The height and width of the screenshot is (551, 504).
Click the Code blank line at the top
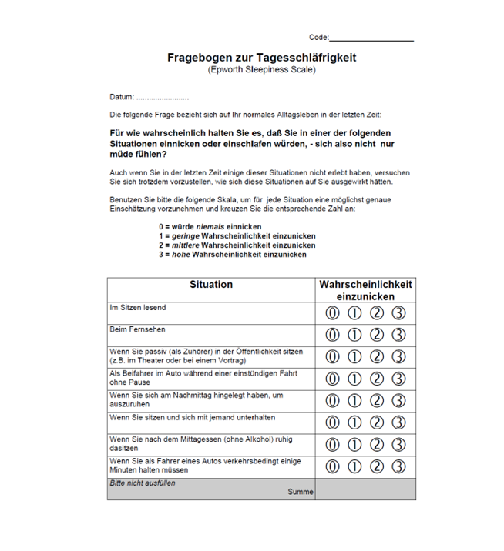pyautogui.click(x=371, y=38)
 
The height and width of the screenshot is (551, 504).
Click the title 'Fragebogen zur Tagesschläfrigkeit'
pyautogui.click(x=262, y=58)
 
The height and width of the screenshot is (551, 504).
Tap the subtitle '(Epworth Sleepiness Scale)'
pyautogui.click(x=261, y=70)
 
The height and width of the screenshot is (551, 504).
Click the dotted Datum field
pyautogui.click(x=162, y=98)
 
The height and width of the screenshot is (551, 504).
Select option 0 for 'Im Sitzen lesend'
pyautogui.click(x=332, y=313)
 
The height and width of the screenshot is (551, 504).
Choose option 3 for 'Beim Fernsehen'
pyautogui.click(x=398, y=335)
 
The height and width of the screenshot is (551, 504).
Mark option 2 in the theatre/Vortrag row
pyautogui.click(x=377, y=357)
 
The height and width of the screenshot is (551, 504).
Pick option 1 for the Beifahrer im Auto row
pyautogui.click(x=354, y=379)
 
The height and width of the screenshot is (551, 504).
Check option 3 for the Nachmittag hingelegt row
pyautogui.click(x=398, y=400)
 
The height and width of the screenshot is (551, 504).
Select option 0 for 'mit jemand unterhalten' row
pyautogui.click(x=332, y=422)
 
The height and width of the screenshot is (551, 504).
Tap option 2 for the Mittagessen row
pyautogui.click(x=377, y=444)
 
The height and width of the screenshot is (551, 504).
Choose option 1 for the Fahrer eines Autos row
pyautogui.click(x=354, y=466)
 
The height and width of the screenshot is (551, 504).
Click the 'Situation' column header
pyautogui.click(x=210, y=285)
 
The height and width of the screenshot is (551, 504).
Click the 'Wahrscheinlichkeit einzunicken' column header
pyautogui.click(x=365, y=290)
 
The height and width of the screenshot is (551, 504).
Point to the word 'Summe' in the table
pyautogui.click(x=301, y=492)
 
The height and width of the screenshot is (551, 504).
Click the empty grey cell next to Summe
pyautogui.click(x=365, y=489)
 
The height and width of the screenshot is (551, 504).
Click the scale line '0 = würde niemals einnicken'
pyautogui.click(x=210, y=227)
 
